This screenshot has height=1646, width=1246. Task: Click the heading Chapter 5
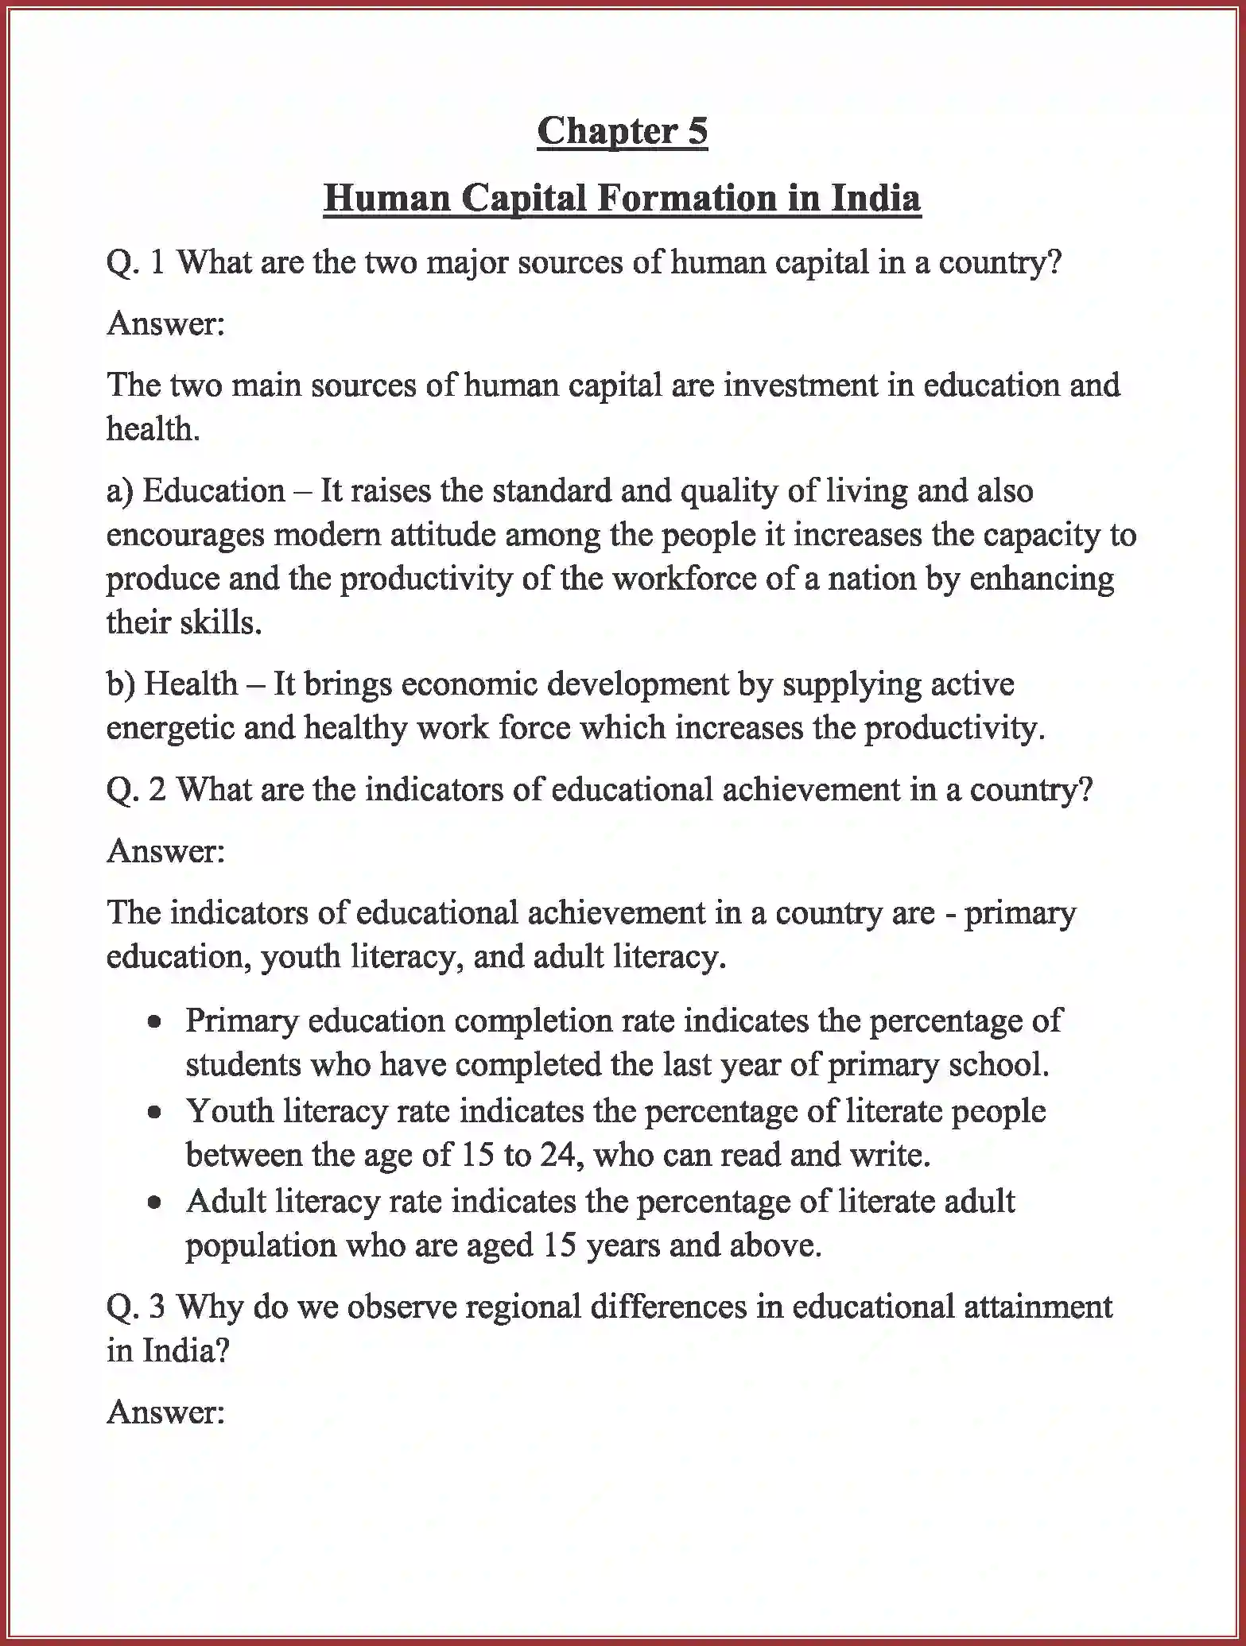[x=622, y=131]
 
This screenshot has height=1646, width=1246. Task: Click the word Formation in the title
[x=686, y=197]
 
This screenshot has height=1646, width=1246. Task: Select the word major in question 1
[x=467, y=262]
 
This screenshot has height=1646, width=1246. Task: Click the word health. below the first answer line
[x=153, y=429]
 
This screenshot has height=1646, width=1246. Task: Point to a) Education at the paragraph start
[x=195, y=490]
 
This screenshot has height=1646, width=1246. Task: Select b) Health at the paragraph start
[x=172, y=684]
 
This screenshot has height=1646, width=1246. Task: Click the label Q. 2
[x=136, y=789]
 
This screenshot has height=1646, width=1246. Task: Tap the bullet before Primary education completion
[x=155, y=1022]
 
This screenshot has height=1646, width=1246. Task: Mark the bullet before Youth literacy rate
[x=155, y=1113]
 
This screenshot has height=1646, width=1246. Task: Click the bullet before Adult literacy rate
[x=155, y=1203]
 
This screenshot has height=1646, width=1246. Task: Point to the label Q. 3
[x=136, y=1307]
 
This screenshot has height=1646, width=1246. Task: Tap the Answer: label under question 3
[x=166, y=1412]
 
